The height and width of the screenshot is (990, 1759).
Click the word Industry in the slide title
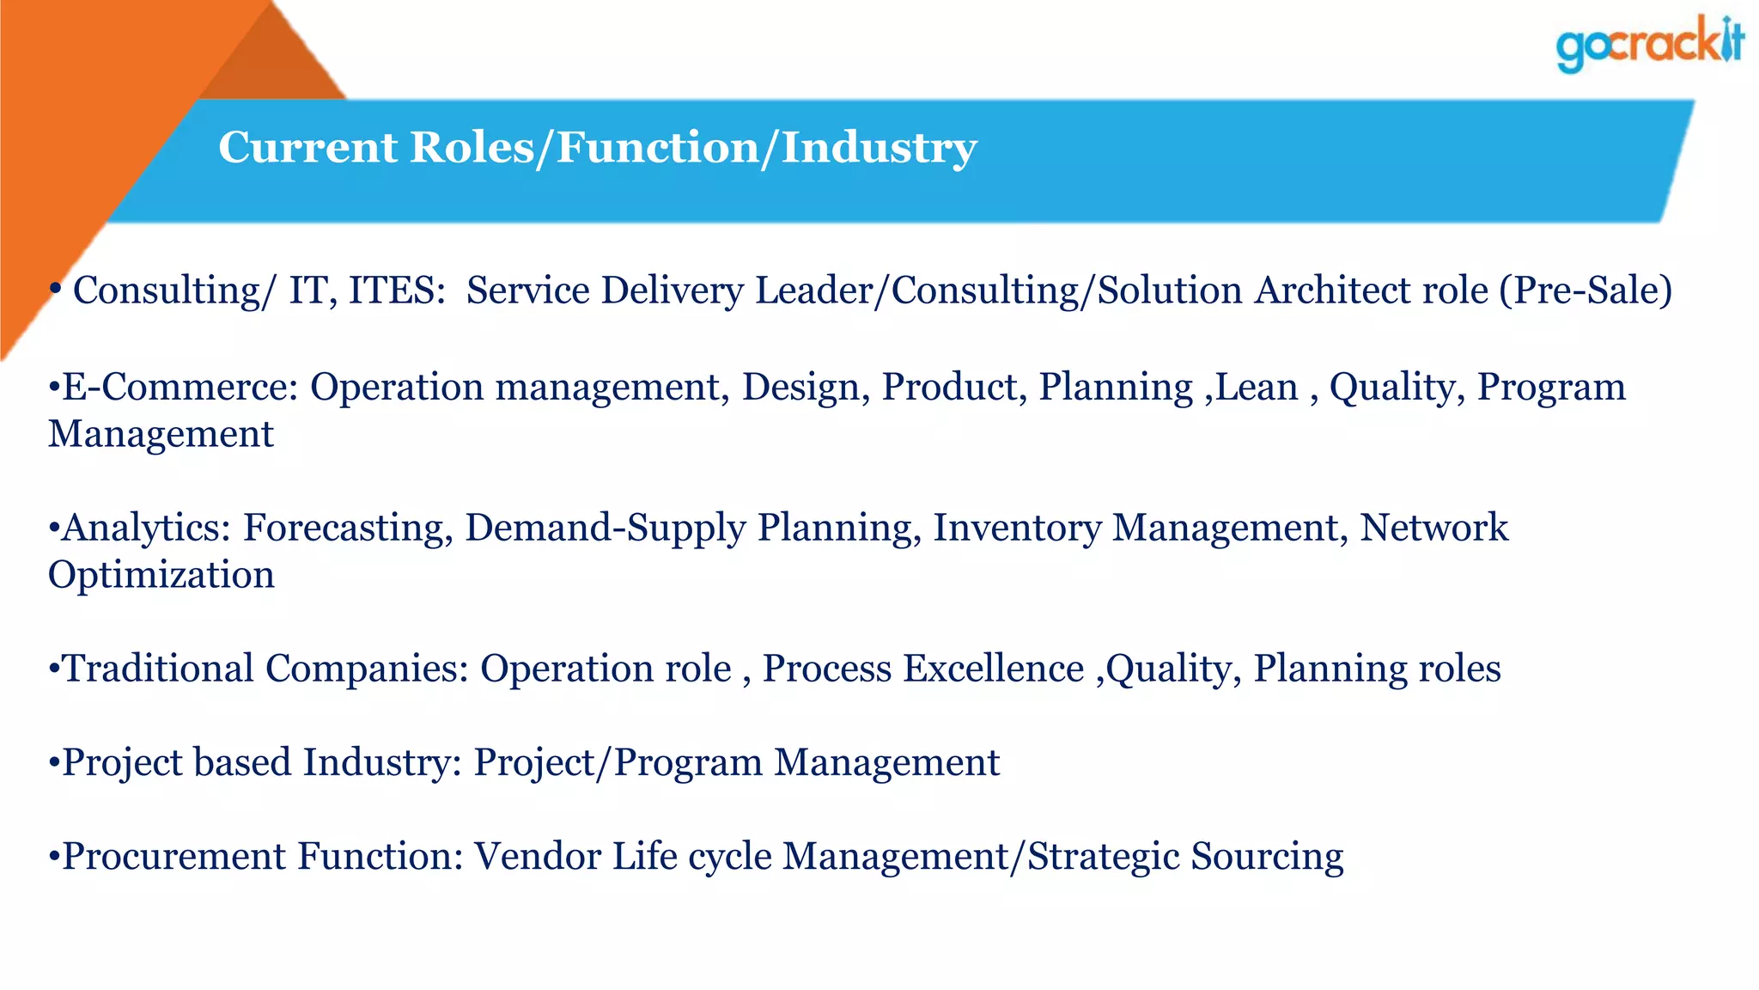click(879, 148)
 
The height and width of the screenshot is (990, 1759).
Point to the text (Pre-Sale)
click(1586, 290)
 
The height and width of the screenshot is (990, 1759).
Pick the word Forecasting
click(347, 529)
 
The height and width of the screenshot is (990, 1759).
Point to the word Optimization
click(161, 575)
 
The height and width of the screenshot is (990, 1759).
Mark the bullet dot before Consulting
click(55, 290)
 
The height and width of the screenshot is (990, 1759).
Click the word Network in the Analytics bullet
click(1434, 529)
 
